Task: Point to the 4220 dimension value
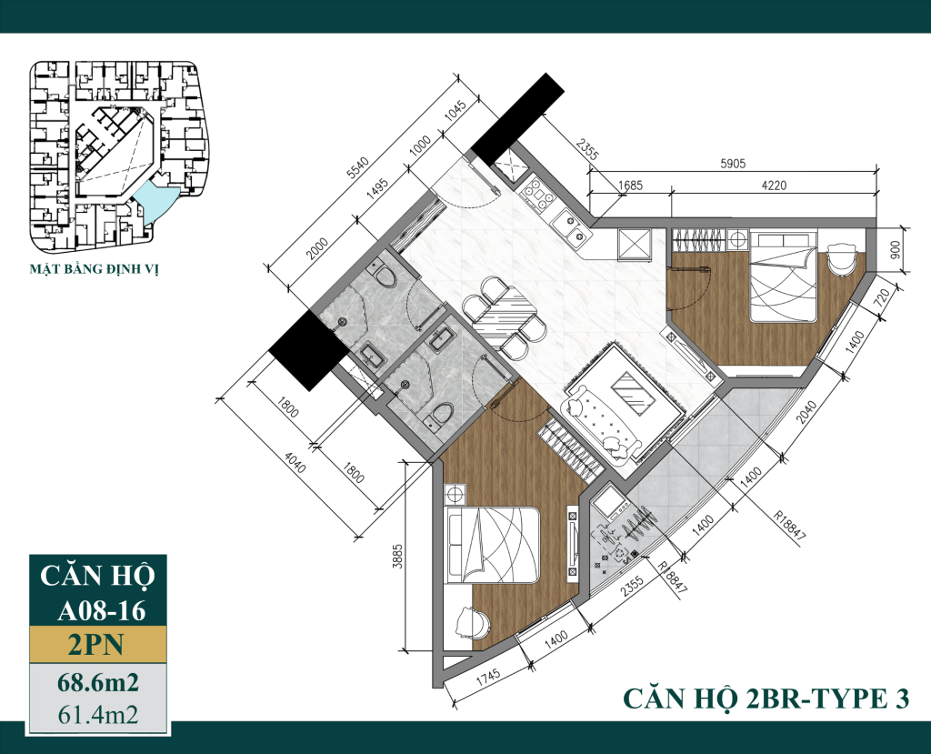coord(773,186)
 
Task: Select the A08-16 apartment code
coord(99,609)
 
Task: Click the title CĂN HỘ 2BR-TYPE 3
coord(765,699)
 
